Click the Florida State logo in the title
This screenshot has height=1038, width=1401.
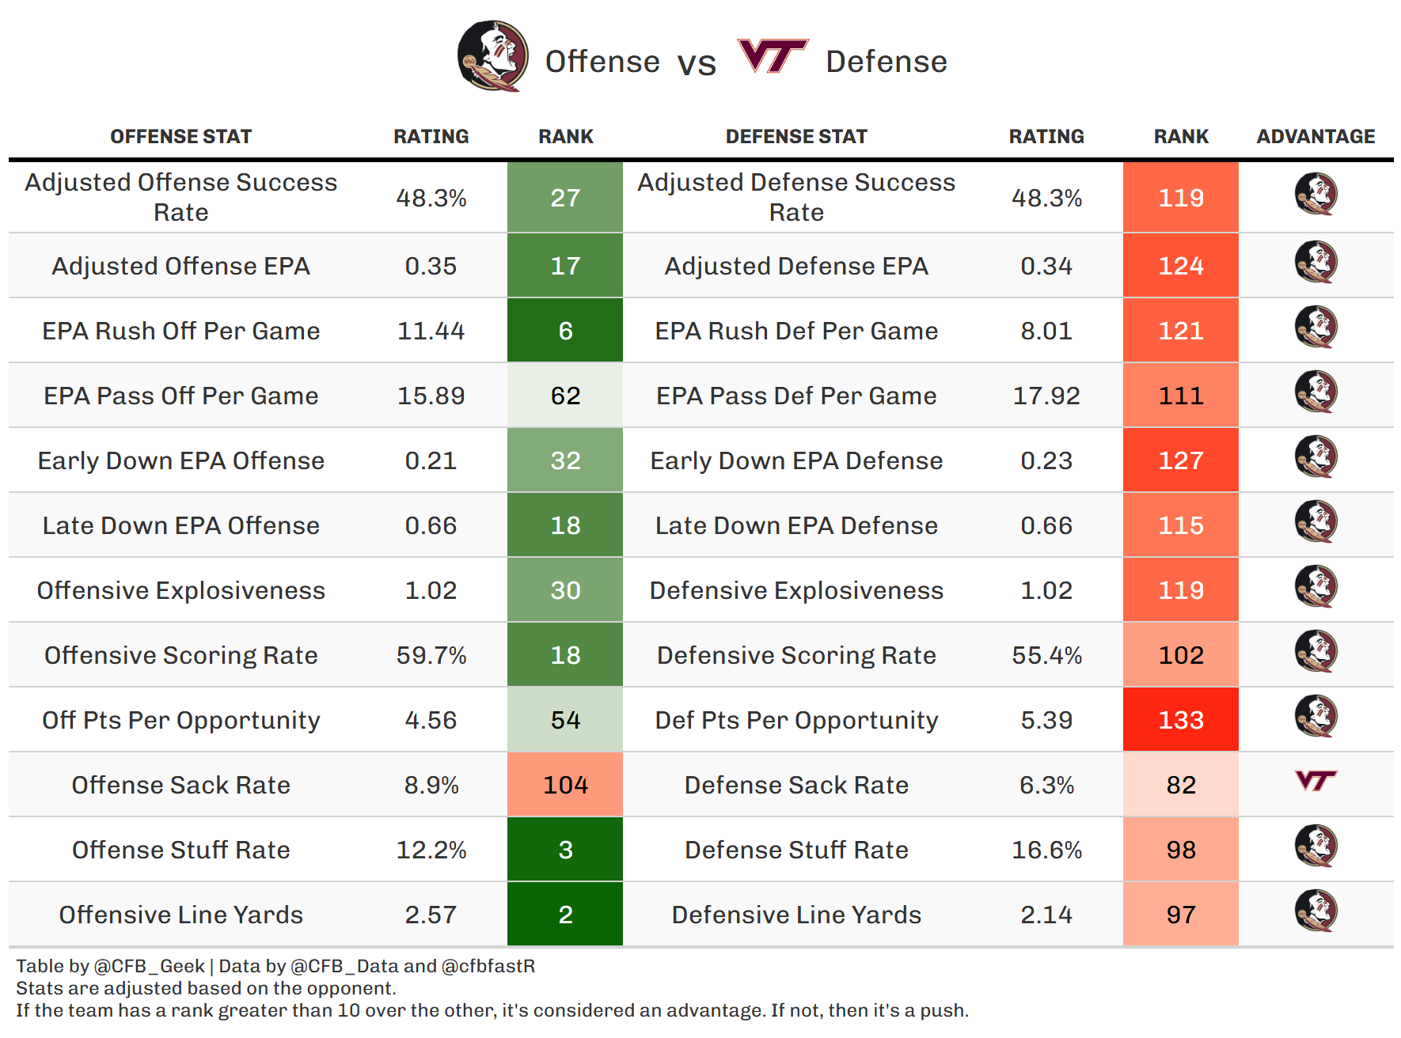pyautogui.click(x=492, y=56)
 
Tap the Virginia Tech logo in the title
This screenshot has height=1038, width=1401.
pyautogui.click(x=772, y=56)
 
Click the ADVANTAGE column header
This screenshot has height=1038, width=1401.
pyautogui.click(x=1316, y=137)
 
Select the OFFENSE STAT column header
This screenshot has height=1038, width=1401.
pyautogui.click(x=180, y=137)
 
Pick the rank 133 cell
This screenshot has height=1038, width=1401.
pyautogui.click(x=1180, y=720)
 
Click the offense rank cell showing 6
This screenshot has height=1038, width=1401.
pyautogui.click(x=565, y=331)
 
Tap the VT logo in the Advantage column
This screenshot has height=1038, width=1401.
pyautogui.click(x=1316, y=782)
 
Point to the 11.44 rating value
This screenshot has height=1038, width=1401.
pyautogui.click(x=431, y=331)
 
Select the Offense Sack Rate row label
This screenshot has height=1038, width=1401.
pyautogui.click(x=180, y=785)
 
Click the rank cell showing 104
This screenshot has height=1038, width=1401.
pyautogui.click(x=565, y=785)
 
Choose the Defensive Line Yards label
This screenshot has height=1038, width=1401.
pyautogui.click(x=796, y=915)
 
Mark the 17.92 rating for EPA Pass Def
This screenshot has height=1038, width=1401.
pyautogui.click(x=1046, y=396)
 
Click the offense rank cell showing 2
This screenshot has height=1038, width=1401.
pyautogui.click(x=565, y=915)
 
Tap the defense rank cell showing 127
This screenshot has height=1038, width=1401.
pyautogui.click(x=1180, y=460)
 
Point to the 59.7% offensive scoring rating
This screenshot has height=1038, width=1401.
pyautogui.click(x=431, y=655)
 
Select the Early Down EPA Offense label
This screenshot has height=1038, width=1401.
pyautogui.click(x=180, y=460)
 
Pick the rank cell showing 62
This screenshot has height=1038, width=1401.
pyautogui.click(x=565, y=396)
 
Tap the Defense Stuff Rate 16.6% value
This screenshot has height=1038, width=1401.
pyautogui.click(x=1046, y=850)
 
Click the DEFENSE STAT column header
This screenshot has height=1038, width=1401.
pyautogui.click(x=796, y=137)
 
